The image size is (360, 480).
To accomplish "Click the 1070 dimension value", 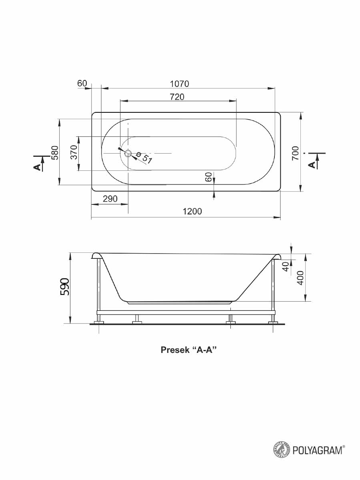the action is (x=180, y=84).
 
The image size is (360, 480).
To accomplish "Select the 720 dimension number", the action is (x=177, y=97).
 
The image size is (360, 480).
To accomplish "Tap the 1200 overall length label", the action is (x=192, y=211).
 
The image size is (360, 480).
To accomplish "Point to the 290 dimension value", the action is (x=110, y=198).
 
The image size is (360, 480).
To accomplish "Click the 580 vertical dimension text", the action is (x=56, y=153).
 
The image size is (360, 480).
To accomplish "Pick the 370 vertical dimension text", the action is (x=74, y=152).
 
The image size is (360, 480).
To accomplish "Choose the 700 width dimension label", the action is (x=295, y=153).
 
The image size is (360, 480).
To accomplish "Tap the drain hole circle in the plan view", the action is (x=128, y=153).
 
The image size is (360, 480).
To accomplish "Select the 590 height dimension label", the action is (x=65, y=287).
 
